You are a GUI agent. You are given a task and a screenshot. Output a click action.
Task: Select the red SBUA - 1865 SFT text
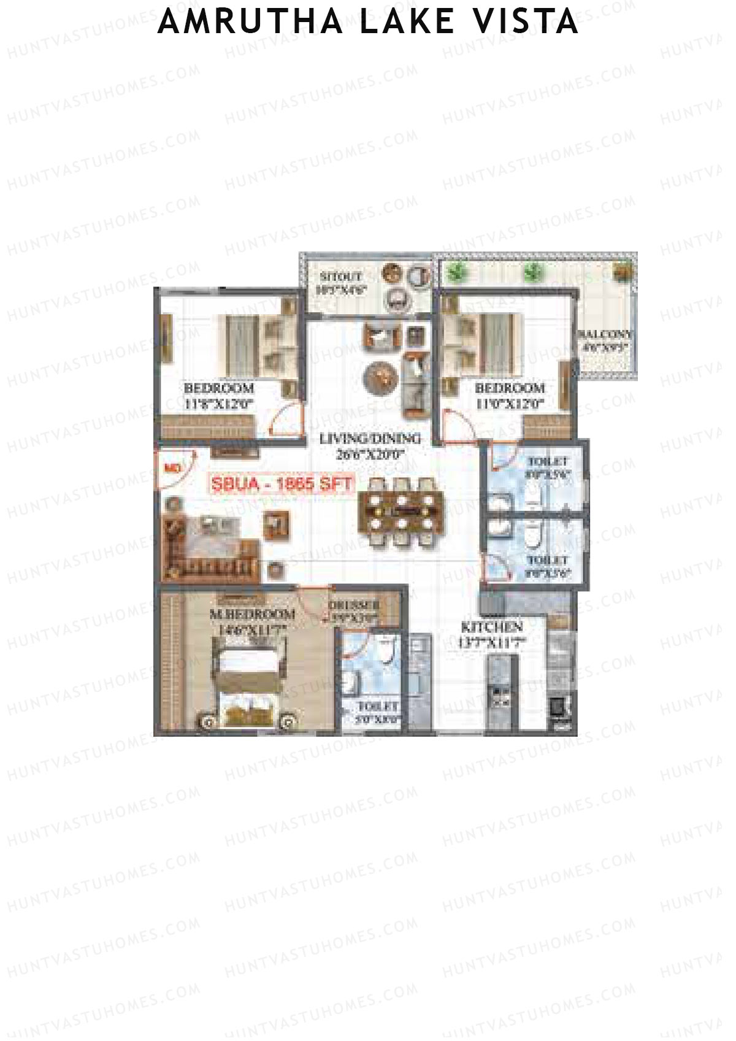pyautogui.click(x=282, y=483)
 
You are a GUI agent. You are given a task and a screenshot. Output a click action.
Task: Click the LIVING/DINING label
pyautogui.click(x=369, y=439)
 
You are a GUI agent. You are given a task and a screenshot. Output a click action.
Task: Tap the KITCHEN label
pyautogui.click(x=492, y=628)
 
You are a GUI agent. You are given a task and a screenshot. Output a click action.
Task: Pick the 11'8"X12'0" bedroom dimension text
pyautogui.click(x=219, y=404)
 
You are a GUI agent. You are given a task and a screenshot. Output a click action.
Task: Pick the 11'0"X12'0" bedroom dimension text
pyautogui.click(x=510, y=404)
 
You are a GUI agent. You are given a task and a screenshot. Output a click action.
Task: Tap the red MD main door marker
pyautogui.click(x=172, y=467)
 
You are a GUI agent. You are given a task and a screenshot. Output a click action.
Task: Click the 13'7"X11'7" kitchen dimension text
pyautogui.click(x=493, y=642)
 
